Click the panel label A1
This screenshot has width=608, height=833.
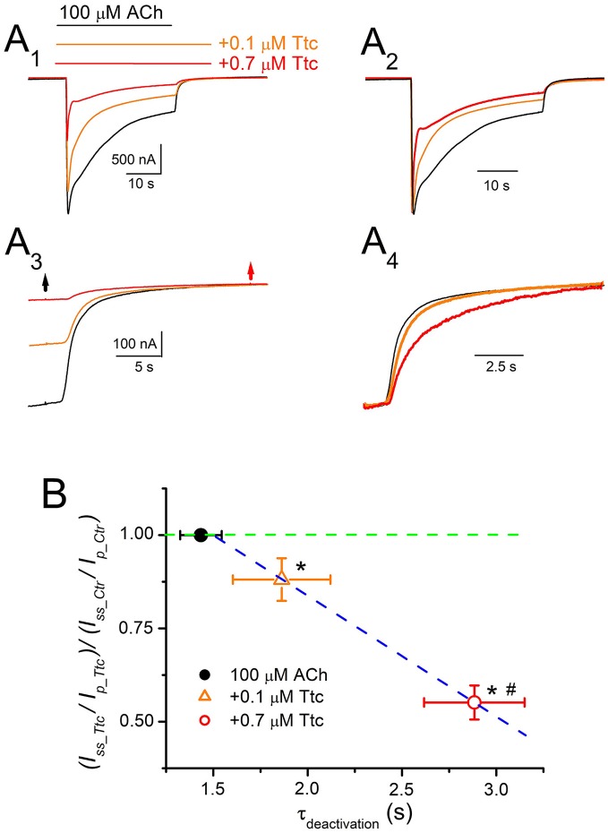(25, 45)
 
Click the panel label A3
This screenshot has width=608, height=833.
(26, 245)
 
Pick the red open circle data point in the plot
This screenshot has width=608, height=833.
(475, 702)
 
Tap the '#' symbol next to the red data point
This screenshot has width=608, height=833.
(511, 689)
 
